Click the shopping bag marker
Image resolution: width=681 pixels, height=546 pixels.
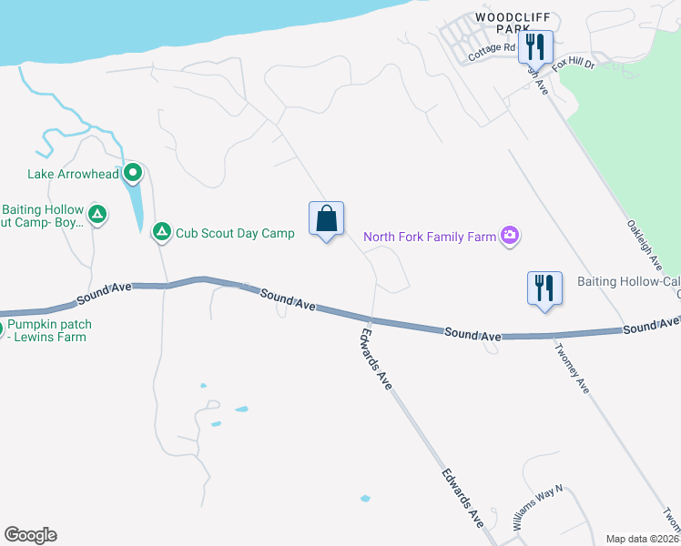click(326, 219)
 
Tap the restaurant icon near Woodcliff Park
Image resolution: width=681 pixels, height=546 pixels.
click(535, 47)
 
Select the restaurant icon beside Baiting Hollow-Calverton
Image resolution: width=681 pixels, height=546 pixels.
click(544, 288)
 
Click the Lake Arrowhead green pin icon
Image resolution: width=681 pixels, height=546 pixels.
click(133, 171)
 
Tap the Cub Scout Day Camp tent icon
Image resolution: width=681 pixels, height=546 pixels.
click(162, 233)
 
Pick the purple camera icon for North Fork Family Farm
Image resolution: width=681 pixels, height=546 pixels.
click(510, 237)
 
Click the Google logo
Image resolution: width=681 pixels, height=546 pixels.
click(30, 535)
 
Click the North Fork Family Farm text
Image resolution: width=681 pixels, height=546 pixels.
click(430, 238)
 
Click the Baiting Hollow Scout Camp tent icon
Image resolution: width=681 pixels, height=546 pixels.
click(97, 216)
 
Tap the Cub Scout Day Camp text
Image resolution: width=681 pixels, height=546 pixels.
click(235, 233)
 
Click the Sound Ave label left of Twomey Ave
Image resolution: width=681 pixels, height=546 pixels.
click(473, 335)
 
